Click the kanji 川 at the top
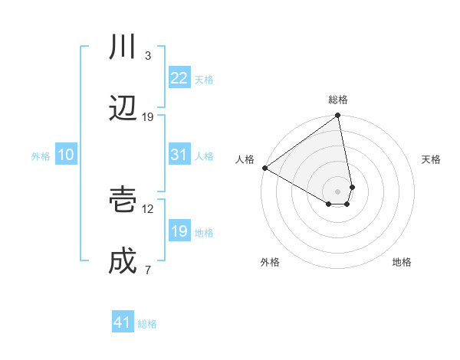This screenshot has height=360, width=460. pos(123,48)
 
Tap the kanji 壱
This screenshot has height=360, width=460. pos(123,201)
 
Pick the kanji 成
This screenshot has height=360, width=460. pos(123,261)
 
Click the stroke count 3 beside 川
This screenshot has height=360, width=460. pos(147,56)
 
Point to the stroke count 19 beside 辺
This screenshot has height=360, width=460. pos(148,117)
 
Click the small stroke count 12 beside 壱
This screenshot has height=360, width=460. pos(148,208)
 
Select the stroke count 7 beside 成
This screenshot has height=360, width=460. pos(147,270)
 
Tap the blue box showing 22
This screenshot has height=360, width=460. pos(179,78)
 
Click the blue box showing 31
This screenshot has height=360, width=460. pos(179,155)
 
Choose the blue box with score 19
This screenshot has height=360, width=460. pos(179,231)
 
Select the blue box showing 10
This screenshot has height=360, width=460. pos(65,155)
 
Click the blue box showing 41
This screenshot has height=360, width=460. pos(123,322)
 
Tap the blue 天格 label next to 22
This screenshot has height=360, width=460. pos(204,80)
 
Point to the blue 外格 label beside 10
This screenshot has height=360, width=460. pos(41,156)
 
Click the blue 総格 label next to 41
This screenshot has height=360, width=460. pos(147,324)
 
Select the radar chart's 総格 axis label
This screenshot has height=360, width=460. pos(338,100)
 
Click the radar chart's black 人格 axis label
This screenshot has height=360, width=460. pos(245,159)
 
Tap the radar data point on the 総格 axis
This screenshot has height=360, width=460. pos(337,116)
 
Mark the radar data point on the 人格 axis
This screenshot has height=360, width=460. pos(264,168)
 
